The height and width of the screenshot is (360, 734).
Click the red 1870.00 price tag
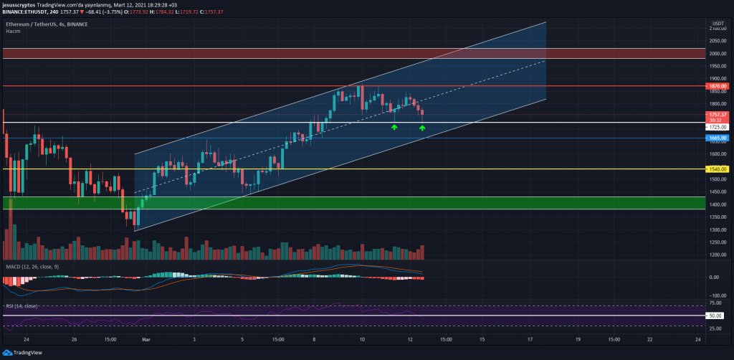[x=718, y=86]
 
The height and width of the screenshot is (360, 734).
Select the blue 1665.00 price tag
[x=718, y=138]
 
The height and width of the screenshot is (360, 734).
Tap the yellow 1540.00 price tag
[x=718, y=169]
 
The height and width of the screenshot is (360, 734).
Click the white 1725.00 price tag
[x=718, y=127]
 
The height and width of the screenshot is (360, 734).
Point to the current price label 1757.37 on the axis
[x=718, y=115]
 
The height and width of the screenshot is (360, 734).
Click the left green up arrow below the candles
[x=394, y=127]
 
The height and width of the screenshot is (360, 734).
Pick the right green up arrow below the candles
[x=422, y=128]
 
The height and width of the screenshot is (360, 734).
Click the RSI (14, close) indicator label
[x=22, y=305]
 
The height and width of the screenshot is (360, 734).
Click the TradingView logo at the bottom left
[x=25, y=353]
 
